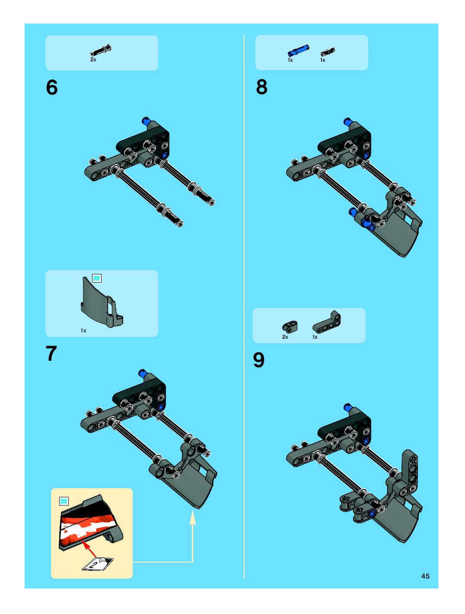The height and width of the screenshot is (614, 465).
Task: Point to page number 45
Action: point(425,576)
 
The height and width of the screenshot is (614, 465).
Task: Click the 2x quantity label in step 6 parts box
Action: point(93,59)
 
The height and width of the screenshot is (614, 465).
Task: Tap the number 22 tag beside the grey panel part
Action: point(97,278)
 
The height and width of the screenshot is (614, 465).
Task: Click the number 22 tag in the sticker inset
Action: point(64,501)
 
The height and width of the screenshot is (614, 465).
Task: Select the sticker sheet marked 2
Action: point(98,563)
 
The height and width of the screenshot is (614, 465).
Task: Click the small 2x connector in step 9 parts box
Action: point(290,326)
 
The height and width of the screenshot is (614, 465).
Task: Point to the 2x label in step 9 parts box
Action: point(285,337)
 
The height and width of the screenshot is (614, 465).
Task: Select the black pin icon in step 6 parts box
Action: point(101,51)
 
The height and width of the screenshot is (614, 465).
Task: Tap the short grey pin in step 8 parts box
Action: point(328,52)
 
